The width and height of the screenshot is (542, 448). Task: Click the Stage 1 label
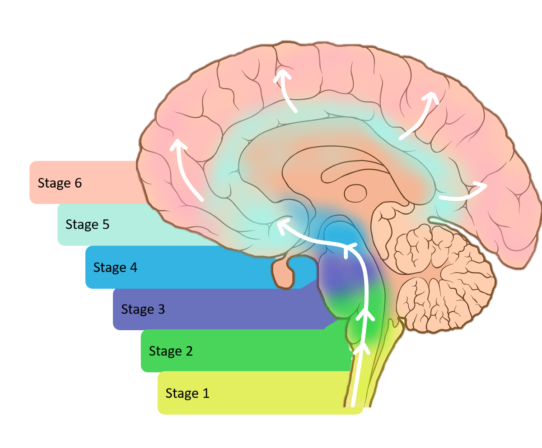click(x=187, y=393)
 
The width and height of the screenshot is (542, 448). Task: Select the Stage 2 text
click(x=171, y=351)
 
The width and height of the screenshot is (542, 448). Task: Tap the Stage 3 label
click(x=143, y=309)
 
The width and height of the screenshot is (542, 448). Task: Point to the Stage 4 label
click(x=115, y=268)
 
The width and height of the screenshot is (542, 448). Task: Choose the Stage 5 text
click(x=87, y=225)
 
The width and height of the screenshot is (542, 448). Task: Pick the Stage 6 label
click(x=60, y=183)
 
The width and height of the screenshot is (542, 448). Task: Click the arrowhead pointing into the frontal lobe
click(x=179, y=145)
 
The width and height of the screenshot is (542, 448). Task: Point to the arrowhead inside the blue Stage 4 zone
click(x=350, y=247)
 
